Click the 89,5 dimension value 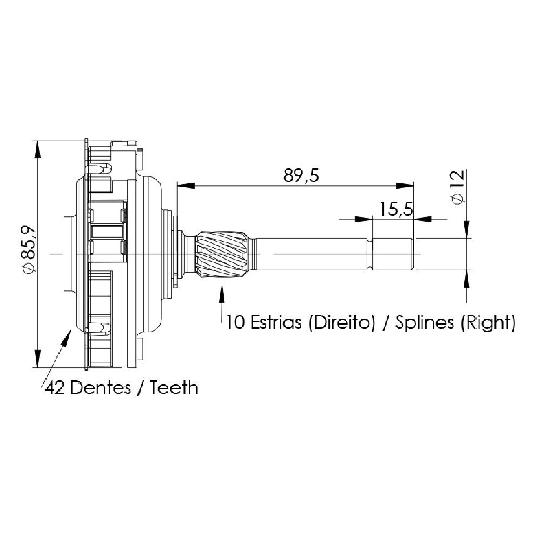point(301,176)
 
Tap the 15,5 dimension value point(396,209)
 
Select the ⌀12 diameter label point(458,187)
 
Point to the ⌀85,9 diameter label point(28,249)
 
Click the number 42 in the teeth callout point(55,388)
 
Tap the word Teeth point(174,387)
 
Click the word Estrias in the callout point(276,322)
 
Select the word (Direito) point(341,322)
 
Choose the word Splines point(425,323)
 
